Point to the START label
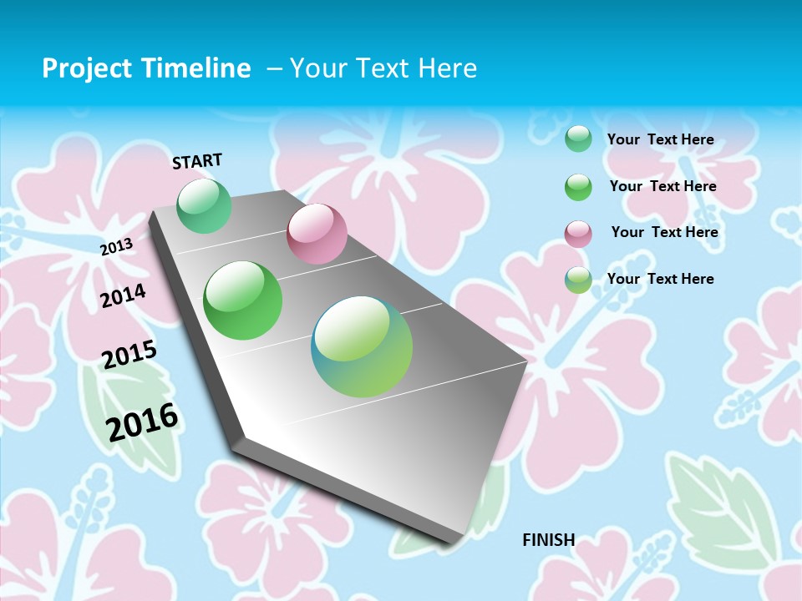click(197, 161)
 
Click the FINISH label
click(549, 540)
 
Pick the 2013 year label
click(117, 246)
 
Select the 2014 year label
click(124, 295)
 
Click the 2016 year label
click(143, 422)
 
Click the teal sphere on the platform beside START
click(205, 206)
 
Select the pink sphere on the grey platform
click(317, 234)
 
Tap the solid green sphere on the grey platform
click(243, 300)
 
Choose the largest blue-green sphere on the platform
click(362, 346)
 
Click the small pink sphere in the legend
click(578, 234)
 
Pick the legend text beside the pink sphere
click(664, 232)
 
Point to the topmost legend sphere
click(578, 139)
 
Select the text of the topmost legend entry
click(660, 139)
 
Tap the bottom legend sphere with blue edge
click(578, 280)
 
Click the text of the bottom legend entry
click(660, 279)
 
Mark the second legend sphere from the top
click(578, 187)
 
